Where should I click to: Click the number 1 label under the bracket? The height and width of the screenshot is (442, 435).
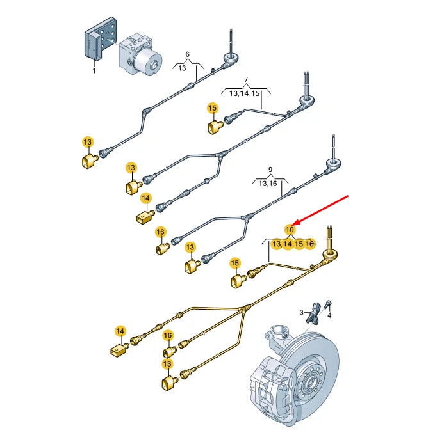(94, 70)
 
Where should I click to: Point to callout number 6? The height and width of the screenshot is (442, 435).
(188, 54)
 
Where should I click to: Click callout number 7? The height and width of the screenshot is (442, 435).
(245, 81)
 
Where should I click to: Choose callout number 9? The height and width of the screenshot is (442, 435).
(270, 170)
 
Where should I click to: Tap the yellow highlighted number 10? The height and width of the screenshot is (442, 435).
(290, 229)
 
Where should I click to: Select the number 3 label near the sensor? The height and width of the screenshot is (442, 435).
(301, 312)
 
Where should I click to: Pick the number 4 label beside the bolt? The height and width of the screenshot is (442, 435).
(329, 315)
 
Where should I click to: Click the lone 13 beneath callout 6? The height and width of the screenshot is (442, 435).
(182, 68)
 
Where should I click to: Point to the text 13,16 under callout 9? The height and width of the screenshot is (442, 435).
(268, 184)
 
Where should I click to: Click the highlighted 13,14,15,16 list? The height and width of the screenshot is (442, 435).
(293, 244)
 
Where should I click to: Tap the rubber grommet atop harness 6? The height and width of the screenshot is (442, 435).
(229, 58)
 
